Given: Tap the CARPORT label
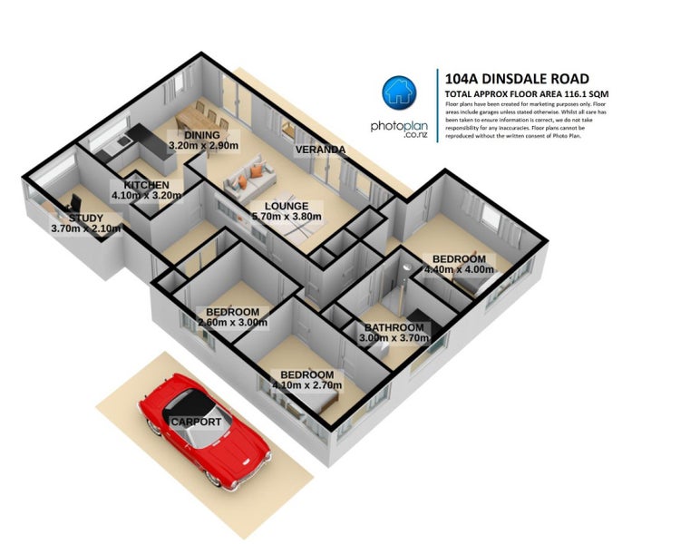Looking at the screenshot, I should pyautogui.click(x=195, y=423).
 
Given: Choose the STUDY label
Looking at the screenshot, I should pyautogui.click(x=78, y=218).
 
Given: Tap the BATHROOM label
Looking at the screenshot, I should pyautogui.click(x=394, y=327).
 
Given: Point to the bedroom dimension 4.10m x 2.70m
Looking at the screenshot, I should pyautogui.click(x=306, y=385).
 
